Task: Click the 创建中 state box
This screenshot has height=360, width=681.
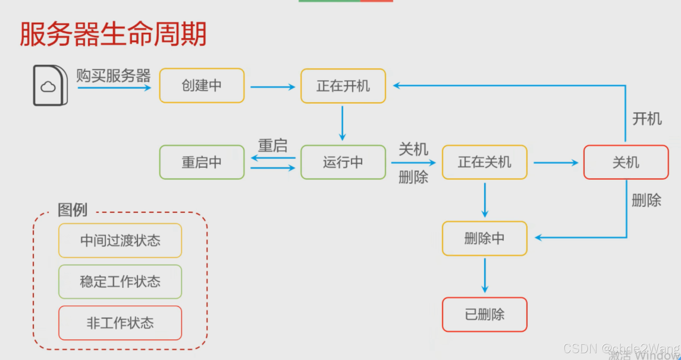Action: tap(202, 86)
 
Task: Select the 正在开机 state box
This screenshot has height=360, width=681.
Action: tap(343, 86)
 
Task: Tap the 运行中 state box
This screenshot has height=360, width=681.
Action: tap(343, 162)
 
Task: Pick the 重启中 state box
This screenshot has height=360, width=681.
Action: tap(202, 162)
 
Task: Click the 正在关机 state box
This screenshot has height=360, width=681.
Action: tap(484, 162)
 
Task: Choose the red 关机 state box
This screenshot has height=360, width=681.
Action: tap(626, 162)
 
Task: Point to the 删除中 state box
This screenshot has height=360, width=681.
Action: tap(484, 238)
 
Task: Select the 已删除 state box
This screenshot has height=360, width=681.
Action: tap(484, 315)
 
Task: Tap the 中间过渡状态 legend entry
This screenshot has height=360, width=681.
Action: tap(120, 240)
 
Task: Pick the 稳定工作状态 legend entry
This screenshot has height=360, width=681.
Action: tap(120, 282)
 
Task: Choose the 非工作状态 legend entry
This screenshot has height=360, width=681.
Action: tap(120, 323)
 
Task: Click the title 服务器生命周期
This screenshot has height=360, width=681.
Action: tap(113, 34)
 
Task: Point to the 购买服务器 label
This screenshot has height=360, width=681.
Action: tap(113, 76)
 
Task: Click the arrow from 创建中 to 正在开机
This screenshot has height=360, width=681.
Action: tap(272, 87)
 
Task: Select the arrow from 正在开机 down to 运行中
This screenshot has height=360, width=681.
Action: tap(342, 123)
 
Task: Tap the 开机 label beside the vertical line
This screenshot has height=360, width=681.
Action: tap(647, 119)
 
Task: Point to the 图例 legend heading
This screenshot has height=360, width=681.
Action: tap(72, 210)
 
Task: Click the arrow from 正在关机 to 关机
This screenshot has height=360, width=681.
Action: tap(556, 163)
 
